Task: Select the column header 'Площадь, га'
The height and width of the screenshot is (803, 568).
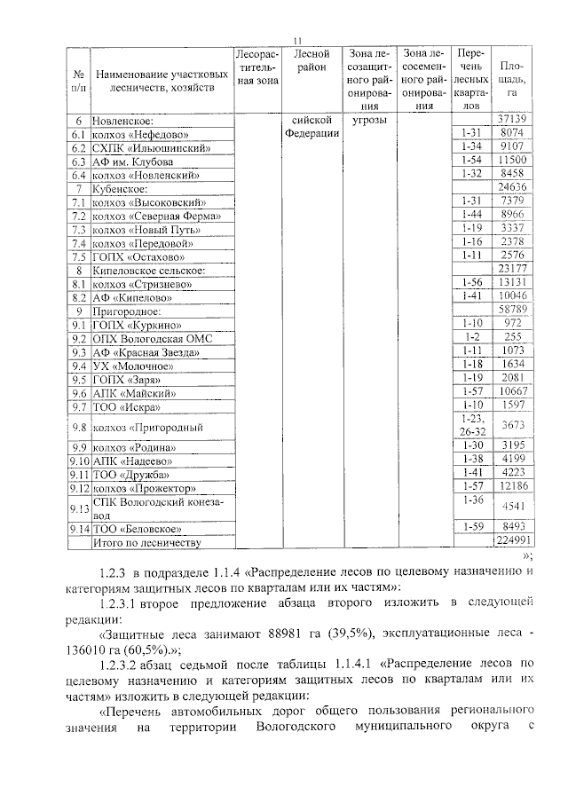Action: coord(512,78)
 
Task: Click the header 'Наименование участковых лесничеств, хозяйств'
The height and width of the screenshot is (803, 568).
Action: coord(156,81)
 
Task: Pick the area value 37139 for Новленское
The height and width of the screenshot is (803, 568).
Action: coord(512,119)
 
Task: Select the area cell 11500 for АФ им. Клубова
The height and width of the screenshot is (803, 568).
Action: coord(512,160)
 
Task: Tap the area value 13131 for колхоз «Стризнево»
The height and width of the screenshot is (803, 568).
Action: coord(512,283)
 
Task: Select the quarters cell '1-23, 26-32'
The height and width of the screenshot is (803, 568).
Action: coord(470,426)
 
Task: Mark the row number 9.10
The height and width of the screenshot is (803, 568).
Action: coord(80,460)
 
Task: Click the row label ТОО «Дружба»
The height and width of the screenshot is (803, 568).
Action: coord(133,474)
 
